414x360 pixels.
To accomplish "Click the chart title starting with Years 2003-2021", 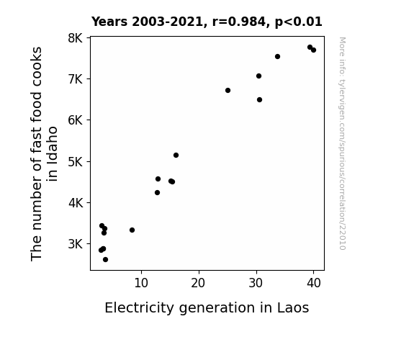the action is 207,22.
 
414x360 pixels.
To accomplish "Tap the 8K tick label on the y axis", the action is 76,38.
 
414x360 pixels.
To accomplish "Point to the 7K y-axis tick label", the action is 76,79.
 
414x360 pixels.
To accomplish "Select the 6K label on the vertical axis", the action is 76,120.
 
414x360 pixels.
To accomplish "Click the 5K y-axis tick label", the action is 76,161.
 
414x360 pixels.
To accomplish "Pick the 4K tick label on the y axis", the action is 76,203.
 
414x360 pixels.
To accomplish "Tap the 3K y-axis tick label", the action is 76,244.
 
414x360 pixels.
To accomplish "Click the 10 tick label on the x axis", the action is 141,283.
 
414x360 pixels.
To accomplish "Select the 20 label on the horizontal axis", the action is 198,283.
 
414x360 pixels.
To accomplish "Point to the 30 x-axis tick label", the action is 256,283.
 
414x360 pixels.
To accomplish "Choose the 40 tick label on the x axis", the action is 314,283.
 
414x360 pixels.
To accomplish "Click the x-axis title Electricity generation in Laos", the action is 207,307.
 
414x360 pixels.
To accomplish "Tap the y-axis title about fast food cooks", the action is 44,153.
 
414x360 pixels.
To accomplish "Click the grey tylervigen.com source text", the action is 342,143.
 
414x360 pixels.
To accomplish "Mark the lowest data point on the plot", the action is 105,260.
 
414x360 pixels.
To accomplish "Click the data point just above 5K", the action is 176,155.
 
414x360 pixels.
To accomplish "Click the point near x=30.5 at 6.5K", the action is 259,99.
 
